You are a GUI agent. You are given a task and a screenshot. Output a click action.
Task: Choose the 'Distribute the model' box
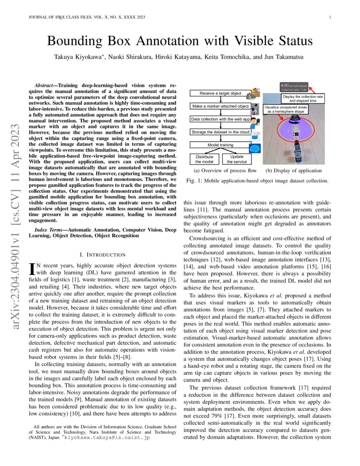click(204, 159)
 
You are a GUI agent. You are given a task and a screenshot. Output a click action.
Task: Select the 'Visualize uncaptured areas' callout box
click(285, 109)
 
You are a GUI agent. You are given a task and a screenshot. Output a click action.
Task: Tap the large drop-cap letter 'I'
click(31, 269)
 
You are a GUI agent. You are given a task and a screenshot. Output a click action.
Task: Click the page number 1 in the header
click(329, 17)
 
